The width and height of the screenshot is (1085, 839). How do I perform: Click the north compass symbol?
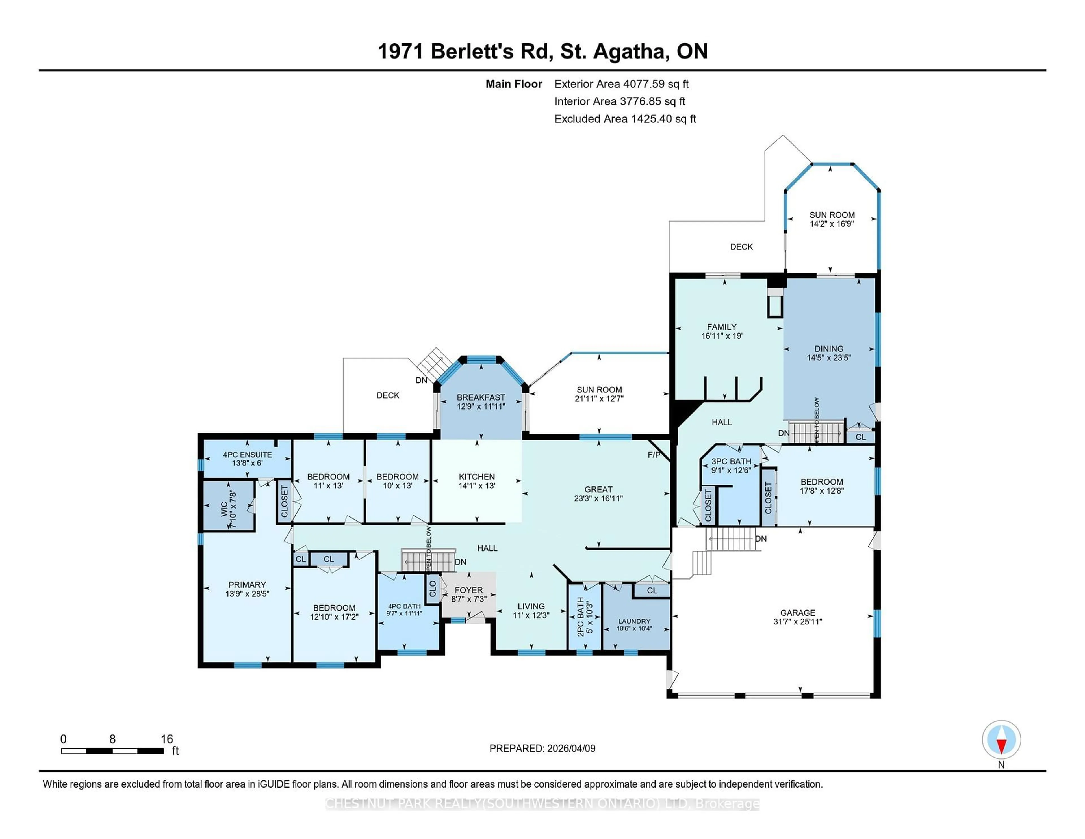click(1001, 739)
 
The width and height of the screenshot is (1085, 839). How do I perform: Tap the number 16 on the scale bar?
click(167, 739)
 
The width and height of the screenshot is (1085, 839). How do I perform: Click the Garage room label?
click(797, 613)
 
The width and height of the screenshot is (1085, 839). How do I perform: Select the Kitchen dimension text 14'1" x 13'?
click(476, 486)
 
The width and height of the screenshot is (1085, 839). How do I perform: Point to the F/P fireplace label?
click(654, 455)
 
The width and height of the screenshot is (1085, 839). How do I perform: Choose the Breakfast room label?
click(480, 398)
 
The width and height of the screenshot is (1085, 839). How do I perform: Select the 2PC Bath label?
click(580, 617)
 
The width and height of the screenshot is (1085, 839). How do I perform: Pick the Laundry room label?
click(634, 621)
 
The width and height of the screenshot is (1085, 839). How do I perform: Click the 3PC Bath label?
click(731, 461)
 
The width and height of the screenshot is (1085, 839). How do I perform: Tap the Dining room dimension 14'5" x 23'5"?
click(829, 357)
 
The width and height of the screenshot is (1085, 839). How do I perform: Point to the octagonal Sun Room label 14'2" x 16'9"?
click(832, 219)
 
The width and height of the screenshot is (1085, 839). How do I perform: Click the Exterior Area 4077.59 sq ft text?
click(621, 84)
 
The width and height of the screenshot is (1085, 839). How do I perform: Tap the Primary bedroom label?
click(247, 585)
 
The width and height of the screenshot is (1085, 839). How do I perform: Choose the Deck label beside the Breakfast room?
click(387, 396)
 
